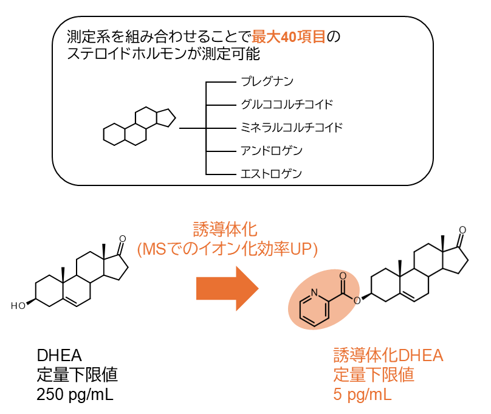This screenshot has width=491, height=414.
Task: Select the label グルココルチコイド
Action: point(286,104)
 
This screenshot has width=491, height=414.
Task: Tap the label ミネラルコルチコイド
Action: point(291,127)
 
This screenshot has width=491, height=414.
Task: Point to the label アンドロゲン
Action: point(272,150)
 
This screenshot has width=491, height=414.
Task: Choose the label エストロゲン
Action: point(271,173)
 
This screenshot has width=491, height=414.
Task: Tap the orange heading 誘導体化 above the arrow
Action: point(225,229)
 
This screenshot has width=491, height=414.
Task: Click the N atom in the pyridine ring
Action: point(314,293)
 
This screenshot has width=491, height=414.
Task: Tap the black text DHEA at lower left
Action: point(60,355)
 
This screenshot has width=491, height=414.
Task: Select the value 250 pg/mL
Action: point(75,395)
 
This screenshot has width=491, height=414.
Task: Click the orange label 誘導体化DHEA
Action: point(388,355)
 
